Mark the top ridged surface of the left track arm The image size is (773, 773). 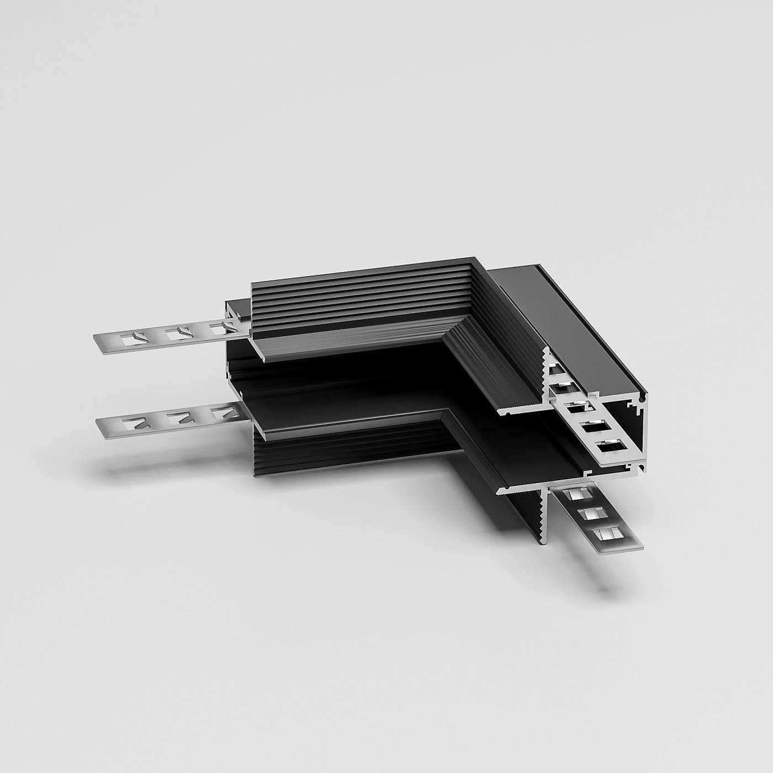coord(359,298)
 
